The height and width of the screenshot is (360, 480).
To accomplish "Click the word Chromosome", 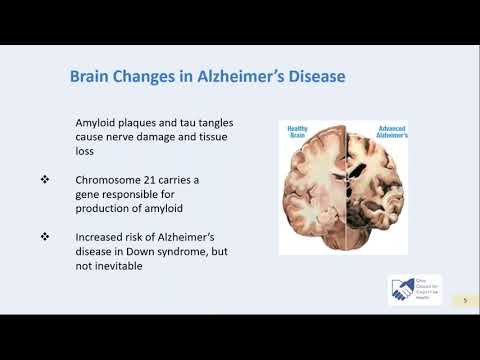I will tap(112, 179).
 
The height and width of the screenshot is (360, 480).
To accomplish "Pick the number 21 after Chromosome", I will tap(160, 179).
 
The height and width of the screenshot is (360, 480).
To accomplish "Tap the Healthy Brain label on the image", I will tap(299, 132).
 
